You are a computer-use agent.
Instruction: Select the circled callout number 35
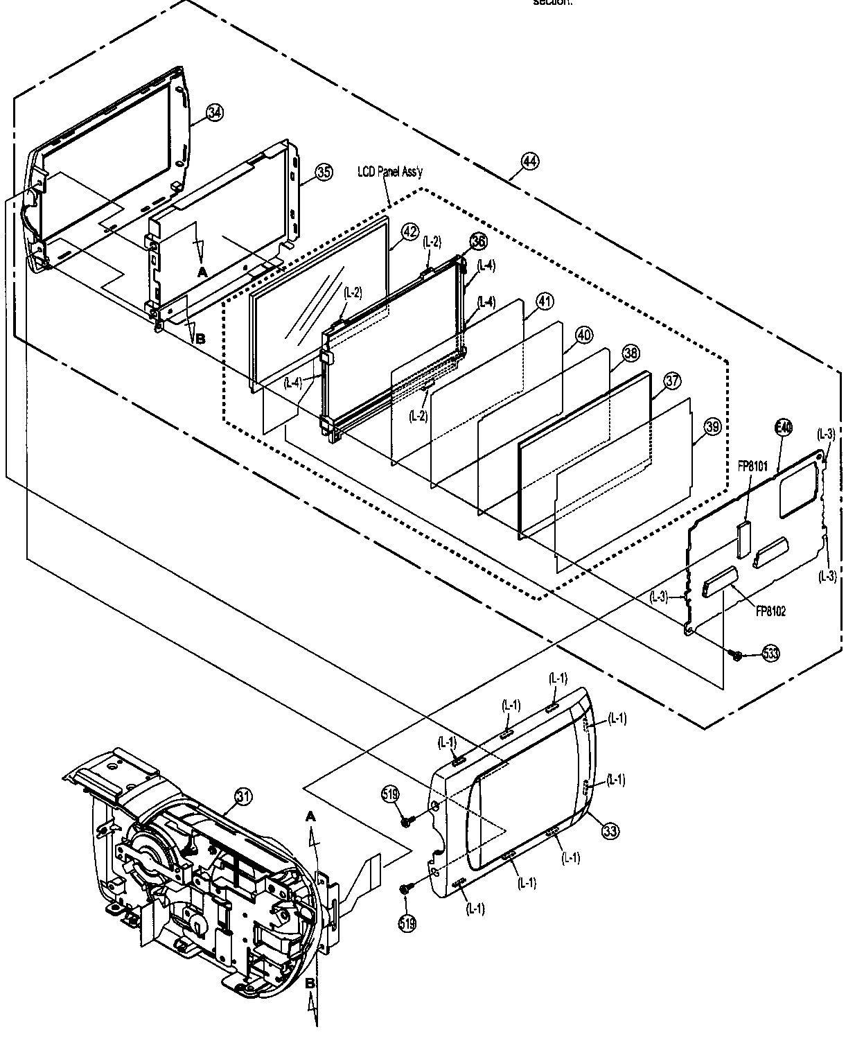pos(324,173)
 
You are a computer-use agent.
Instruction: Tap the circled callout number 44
pos(529,161)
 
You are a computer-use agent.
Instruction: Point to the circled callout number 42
pos(410,231)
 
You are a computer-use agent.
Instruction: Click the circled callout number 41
pos(545,301)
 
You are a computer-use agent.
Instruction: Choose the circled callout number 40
pos(583,335)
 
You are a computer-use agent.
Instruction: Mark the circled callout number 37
pos(672,380)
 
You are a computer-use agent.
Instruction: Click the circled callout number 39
pos(713,428)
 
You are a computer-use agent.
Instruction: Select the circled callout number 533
pos(770,653)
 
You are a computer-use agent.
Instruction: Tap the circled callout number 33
pos(610,831)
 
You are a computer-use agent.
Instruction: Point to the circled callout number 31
pos(243,796)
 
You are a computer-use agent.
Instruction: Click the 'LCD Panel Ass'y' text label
pos(389,172)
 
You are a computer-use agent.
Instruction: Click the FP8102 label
pos(770,611)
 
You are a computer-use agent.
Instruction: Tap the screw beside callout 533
pos(738,654)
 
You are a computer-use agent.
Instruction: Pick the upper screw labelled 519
pos(407,821)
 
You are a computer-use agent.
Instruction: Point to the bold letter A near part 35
pos(202,273)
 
